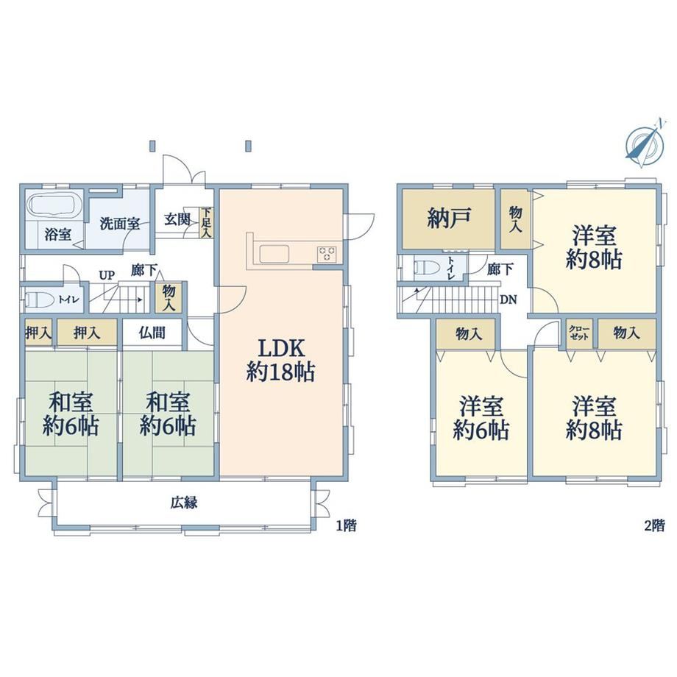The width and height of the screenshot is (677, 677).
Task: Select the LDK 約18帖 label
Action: pyautogui.click(x=280, y=360)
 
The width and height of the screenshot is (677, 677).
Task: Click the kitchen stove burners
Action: pyautogui.click(x=327, y=253)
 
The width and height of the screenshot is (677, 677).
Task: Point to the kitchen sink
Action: pyautogui.click(x=274, y=253)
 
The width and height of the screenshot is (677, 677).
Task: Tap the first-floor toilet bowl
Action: pyautogui.click(x=39, y=299)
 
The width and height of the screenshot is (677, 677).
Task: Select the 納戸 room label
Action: pyautogui.click(x=448, y=219)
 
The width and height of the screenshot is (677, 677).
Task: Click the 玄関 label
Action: pyautogui.click(x=177, y=219)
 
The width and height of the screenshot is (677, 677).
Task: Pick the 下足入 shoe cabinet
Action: pyautogui.click(x=206, y=222)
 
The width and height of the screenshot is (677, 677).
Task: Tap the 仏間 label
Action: pyautogui.click(x=152, y=333)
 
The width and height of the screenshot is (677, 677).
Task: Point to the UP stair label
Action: pyautogui.click(x=107, y=275)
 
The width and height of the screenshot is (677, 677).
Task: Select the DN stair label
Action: pyautogui.click(x=508, y=299)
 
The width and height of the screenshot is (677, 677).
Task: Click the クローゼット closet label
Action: pyautogui.click(x=578, y=333)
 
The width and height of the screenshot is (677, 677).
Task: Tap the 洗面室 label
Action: pyautogui.click(x=120, y=224)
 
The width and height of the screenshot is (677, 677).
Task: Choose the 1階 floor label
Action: pyautogui.click(x=347, y=525)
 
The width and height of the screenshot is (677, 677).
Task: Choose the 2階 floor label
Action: pyautogui.click(x=654, y=525)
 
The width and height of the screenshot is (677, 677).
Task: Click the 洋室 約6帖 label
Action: pyautogui.click(x=481, y=418)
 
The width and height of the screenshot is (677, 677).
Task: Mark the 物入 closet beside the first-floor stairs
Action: pyautogui.click(x=169, y=297)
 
